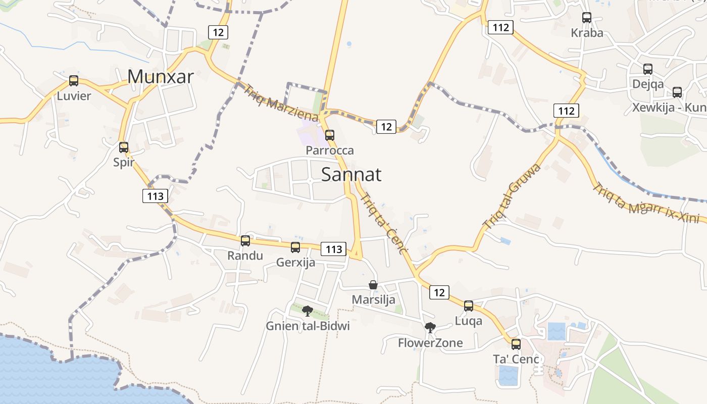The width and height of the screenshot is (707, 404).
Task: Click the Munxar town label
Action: pyautogui.click(x=161, y=77)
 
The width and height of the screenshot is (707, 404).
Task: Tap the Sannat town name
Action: pyautogui.click(x=351, y=175)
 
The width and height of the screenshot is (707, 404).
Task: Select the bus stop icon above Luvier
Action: pyautogui.click(x=74, y=81)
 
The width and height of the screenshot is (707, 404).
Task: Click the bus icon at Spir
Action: pyautogui.click(x=124, y=147)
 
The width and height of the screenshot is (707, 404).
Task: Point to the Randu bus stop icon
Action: pyautogui.click(x=245, y=241)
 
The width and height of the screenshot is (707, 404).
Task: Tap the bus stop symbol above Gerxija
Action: pyautogui.click(x=295, y=247)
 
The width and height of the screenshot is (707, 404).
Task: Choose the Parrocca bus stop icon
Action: pyautogui.click(x=330, y=135)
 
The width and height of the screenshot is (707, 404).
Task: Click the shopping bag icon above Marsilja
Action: pyautogui.click(x=373, y=285)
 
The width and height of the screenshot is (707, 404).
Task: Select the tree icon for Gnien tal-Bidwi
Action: pyautogui.click(x=308, y=311)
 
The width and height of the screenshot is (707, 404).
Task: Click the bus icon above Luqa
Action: pyautogui.click(x=469, y=306)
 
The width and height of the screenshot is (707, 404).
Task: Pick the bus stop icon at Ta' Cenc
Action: pyautogui.click(x=516, y=344)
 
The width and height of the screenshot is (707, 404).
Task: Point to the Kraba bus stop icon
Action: pyautogui.click(x=587, y=18)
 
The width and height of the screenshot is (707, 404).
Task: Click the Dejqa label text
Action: pyautogui.click(x=648, y=84)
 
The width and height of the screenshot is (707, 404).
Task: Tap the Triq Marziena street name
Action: pyautogui.click(x=281, y=103)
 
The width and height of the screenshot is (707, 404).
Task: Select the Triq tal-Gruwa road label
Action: pyautogui.click(x=512, y=196)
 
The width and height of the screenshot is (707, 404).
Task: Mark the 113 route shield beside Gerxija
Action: pyautogui.click(x=334, y=249)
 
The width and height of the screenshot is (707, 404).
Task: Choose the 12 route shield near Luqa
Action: pyautogui.click(x=439, y=292)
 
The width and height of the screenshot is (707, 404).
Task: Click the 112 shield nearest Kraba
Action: pyautogui.click(x=500, y=27)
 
